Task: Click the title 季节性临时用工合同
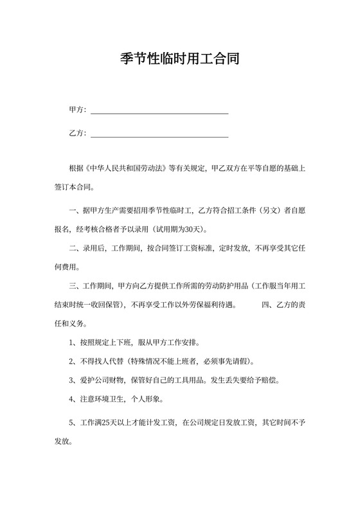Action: pos(180,60)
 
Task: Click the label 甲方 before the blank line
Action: pos(76,110)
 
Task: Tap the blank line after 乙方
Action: pos(159,136)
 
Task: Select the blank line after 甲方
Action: pos(159,112)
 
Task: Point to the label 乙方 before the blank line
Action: pos(76,134)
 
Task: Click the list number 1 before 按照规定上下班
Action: pos(71,343)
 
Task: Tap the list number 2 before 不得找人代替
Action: pos(71,361)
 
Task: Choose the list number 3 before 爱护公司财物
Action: pos(71,380)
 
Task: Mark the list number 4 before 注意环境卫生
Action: pos(71,399)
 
